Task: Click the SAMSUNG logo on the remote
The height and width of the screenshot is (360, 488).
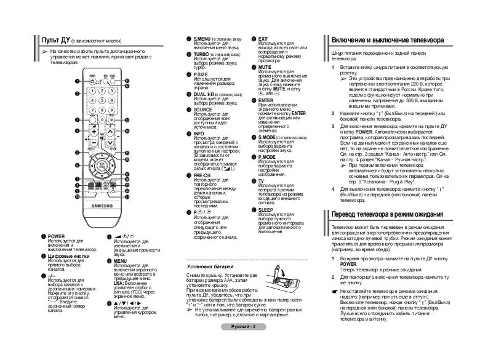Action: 102,206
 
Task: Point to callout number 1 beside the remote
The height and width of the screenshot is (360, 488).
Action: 78,81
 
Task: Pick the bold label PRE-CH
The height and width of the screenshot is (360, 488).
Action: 202,175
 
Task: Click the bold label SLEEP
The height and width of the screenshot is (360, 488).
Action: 266,209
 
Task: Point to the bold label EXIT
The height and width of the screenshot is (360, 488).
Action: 263,39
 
